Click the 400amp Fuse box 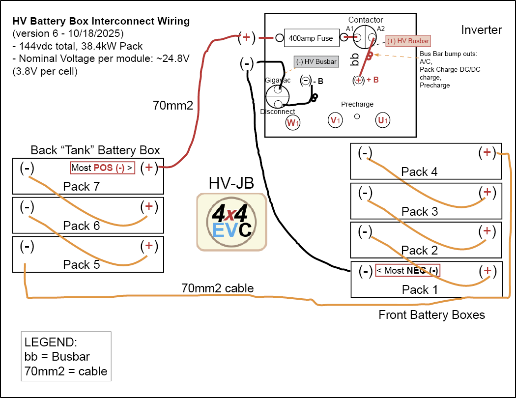tap(311, 38)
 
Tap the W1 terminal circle tap(293, 122)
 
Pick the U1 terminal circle tap(382, 120)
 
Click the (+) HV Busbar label tap(408, 41)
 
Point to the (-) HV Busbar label tap(316, 61)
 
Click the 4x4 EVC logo tap(232, 221)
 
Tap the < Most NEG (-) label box tap(407, 270)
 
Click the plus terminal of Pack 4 tap(487, 153)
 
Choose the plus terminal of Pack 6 tap(149, 206)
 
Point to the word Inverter tap(481, 30)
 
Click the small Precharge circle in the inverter tap(357, 116)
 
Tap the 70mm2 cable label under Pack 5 tap(217, 288)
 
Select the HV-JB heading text tap(231, 183)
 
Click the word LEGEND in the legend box tap(50, 342)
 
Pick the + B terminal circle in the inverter tap(359, 80)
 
